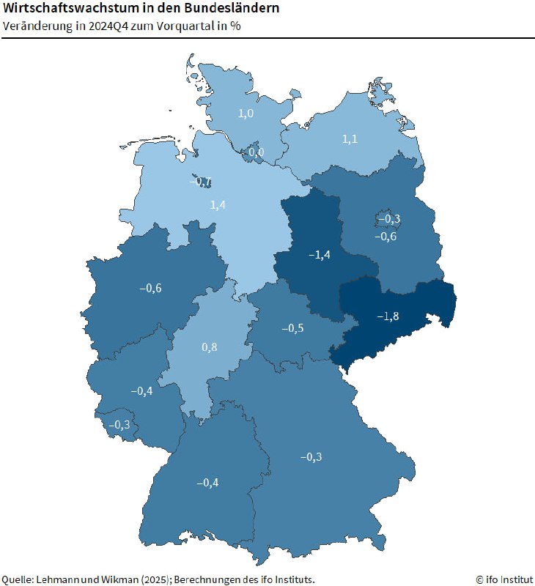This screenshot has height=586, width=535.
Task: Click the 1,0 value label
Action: (x=246, y=114)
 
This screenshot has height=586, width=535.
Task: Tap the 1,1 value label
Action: (x=350, y=138)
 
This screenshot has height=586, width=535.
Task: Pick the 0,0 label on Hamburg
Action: (x=257, y=152)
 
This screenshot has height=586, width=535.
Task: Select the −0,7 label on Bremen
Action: (x=201, y=182)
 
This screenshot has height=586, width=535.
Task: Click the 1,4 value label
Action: (x=218, y=204)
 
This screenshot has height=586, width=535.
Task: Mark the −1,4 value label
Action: (x=318, y=254)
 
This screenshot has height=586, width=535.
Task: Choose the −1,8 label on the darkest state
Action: (x=388, y=316)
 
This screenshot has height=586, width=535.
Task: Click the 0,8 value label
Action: (x=210, y=346)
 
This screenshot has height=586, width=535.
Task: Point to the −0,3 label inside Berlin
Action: (x=388, y=219)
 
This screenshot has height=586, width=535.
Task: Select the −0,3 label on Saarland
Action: (x=119, y=425)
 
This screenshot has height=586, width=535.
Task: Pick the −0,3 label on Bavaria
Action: (x=311, y=457)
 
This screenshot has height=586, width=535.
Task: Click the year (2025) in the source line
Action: (x=152, y=579)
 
